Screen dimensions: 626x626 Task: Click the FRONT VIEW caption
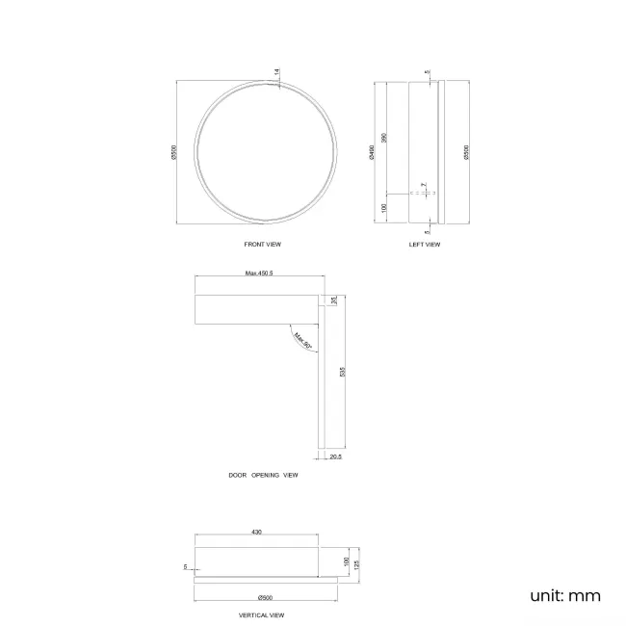click(263, 245)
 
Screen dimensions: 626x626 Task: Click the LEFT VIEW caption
click(424, 245)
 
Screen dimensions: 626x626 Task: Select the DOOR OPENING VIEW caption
click(263, 475)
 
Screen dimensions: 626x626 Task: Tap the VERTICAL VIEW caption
click(262, 614)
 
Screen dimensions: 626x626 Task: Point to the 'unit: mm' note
click(564, 595)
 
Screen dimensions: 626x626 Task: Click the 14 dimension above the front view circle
click(276, 72)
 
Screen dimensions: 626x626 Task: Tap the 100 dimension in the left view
click(384, 208)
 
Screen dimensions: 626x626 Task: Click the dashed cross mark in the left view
click(424, 193)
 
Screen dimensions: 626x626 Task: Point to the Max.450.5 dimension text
click(259, 274)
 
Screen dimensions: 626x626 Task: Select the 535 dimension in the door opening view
click(342, 371)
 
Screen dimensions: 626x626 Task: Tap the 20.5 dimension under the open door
click(336, 456)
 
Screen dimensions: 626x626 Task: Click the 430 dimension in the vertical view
click(257, 531)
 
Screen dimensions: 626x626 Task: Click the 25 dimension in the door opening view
click(334, 301)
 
